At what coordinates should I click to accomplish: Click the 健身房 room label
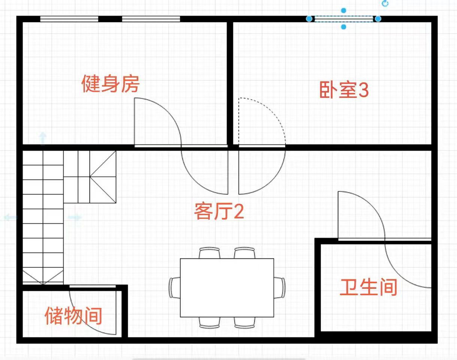111,84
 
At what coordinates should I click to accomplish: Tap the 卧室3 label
344,90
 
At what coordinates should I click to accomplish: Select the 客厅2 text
219,211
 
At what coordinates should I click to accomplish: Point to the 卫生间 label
369,287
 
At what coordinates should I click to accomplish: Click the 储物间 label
73,316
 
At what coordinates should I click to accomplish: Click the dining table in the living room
227,288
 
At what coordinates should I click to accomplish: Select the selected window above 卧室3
343,19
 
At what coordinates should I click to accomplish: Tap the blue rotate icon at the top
385,4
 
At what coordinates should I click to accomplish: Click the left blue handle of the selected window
309,19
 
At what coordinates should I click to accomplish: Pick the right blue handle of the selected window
378,19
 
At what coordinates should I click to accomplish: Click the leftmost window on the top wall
69,19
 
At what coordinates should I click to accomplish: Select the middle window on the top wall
151,19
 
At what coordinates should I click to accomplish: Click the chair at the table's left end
175,288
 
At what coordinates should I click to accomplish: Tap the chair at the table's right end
279,288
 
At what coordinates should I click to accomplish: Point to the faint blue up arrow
43,139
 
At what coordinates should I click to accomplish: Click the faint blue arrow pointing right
75,217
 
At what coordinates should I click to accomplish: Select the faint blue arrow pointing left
10,217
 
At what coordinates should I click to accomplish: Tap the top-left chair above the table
209,253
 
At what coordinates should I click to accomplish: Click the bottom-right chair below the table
245,323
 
